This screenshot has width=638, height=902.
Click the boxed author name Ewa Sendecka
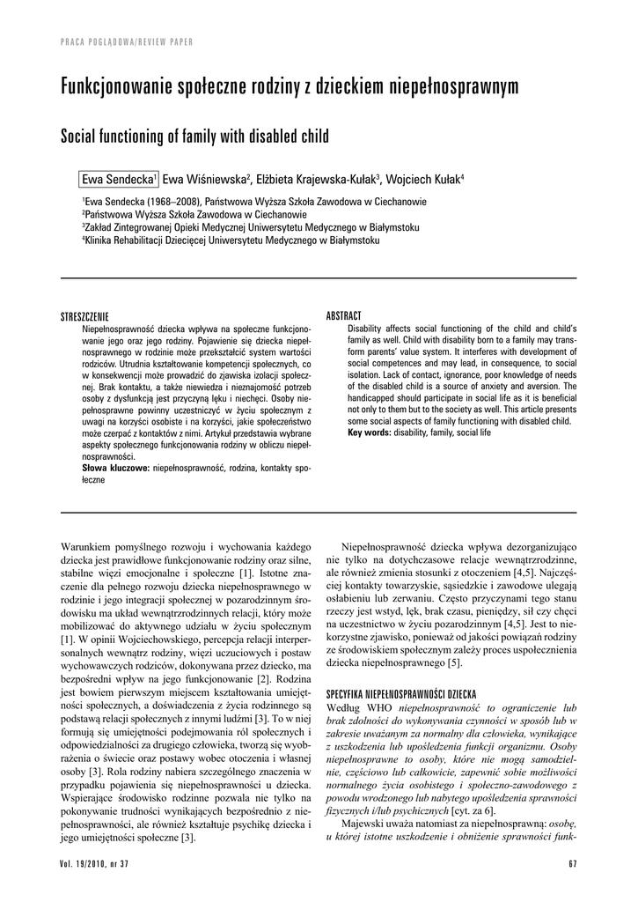coord(118,179)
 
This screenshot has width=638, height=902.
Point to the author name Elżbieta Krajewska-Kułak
coord(318,179)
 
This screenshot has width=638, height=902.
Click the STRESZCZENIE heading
coord(84,316)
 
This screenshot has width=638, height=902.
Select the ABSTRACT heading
coord(344,316)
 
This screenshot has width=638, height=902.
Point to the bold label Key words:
coord(370,433)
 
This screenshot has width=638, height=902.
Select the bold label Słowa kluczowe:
coord(115,468)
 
